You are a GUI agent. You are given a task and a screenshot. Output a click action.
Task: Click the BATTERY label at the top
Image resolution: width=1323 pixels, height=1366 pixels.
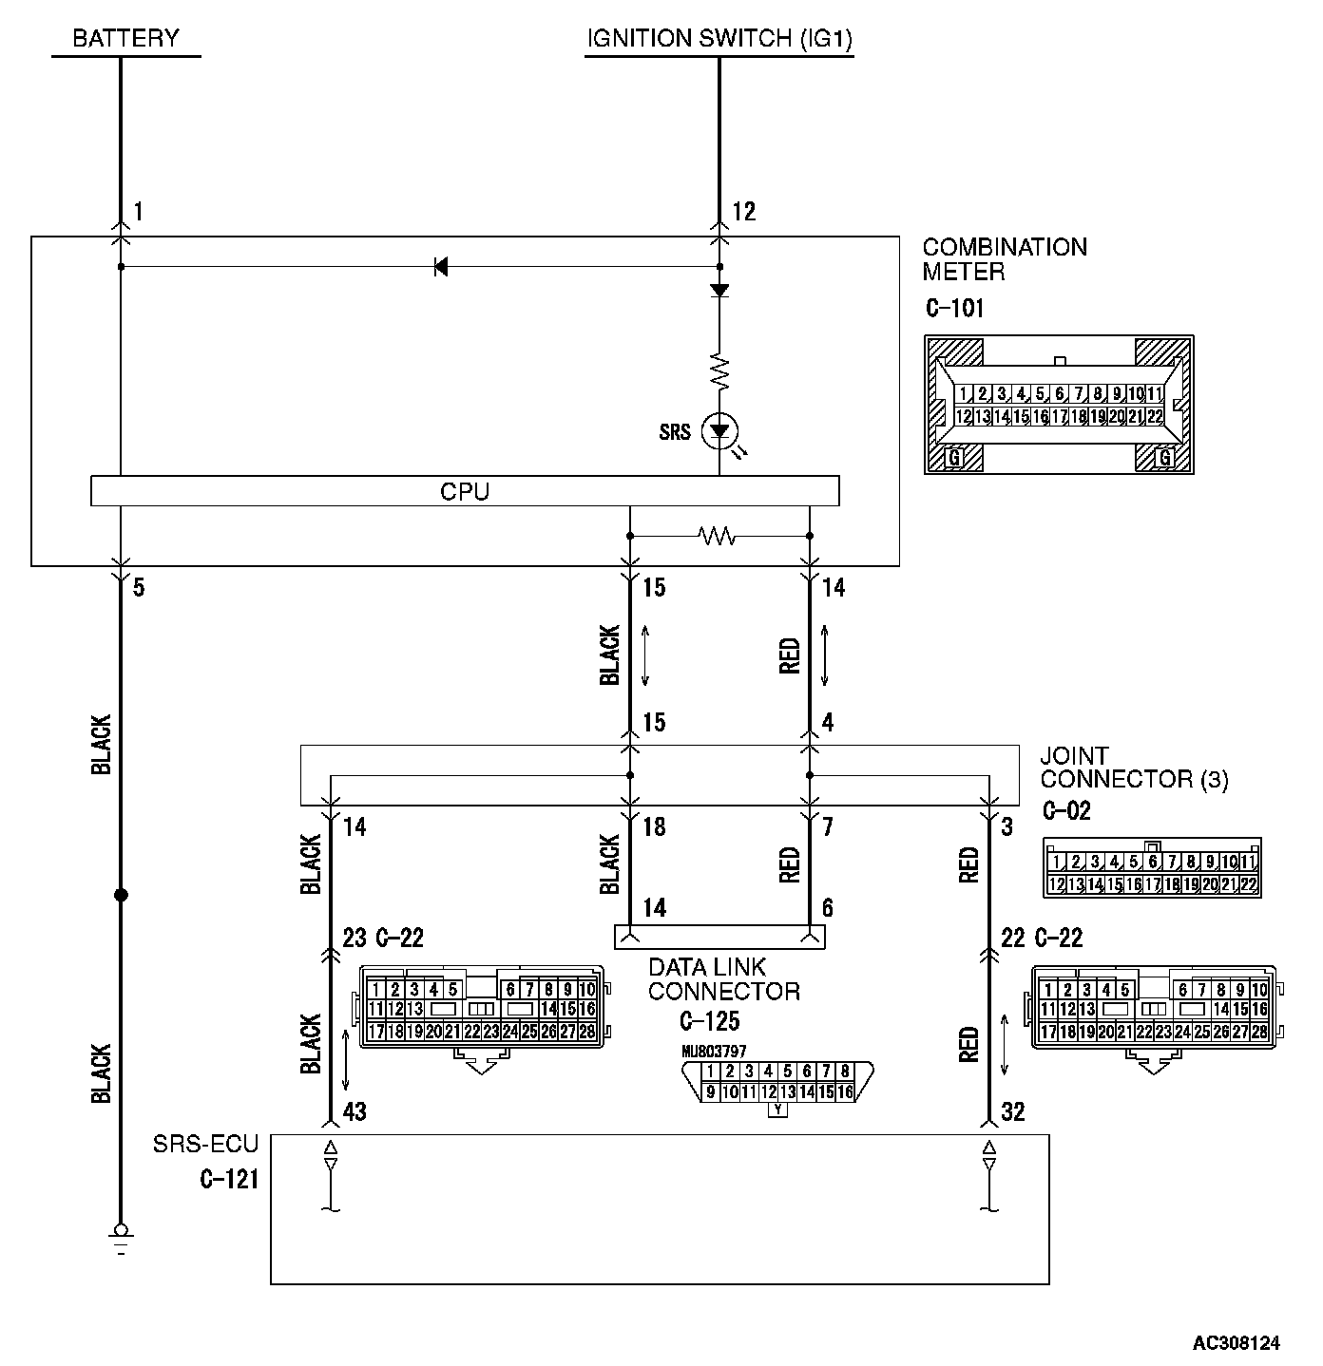tap(125, 39)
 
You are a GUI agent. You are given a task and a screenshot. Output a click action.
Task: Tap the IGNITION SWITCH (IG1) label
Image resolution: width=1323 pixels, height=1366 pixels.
tap(719, 39)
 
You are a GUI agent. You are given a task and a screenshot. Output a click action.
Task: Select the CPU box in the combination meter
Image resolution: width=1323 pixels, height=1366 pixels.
tap(465, 491)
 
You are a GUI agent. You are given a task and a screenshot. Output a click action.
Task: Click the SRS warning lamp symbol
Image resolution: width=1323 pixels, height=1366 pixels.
tap(719, 433)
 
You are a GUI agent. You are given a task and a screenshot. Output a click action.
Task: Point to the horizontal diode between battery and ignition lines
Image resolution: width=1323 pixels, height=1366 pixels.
tap(440, 267)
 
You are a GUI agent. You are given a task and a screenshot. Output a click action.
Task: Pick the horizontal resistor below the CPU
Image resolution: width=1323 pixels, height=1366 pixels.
tap(718, 537)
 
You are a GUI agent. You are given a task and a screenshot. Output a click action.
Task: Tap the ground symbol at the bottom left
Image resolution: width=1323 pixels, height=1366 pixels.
tap(121, 1236)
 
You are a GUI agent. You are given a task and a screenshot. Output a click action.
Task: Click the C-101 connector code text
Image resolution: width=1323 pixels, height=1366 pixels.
tap(954, 309)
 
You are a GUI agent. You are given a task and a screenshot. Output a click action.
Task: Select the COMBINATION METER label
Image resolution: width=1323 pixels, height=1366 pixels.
tap(1004, 259)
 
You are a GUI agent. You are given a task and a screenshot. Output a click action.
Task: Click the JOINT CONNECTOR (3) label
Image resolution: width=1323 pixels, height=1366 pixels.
tap(1133, 768)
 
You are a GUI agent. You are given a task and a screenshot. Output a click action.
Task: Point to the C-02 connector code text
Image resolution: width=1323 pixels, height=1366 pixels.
tap(1065, 811)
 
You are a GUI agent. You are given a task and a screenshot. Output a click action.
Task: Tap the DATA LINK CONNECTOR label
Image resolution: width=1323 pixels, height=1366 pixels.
tap(723, 979)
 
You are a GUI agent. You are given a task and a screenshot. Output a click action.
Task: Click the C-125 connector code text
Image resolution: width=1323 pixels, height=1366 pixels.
tap(709, 1021)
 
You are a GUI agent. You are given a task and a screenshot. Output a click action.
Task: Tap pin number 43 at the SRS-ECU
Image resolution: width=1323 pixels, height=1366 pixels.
tap(354, 1111)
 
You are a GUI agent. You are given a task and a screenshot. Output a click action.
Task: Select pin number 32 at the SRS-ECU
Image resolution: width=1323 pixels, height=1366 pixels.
tap(1013, 1111)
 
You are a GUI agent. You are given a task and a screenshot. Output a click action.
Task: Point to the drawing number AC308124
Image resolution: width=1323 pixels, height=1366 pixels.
tap(1237, 1343)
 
